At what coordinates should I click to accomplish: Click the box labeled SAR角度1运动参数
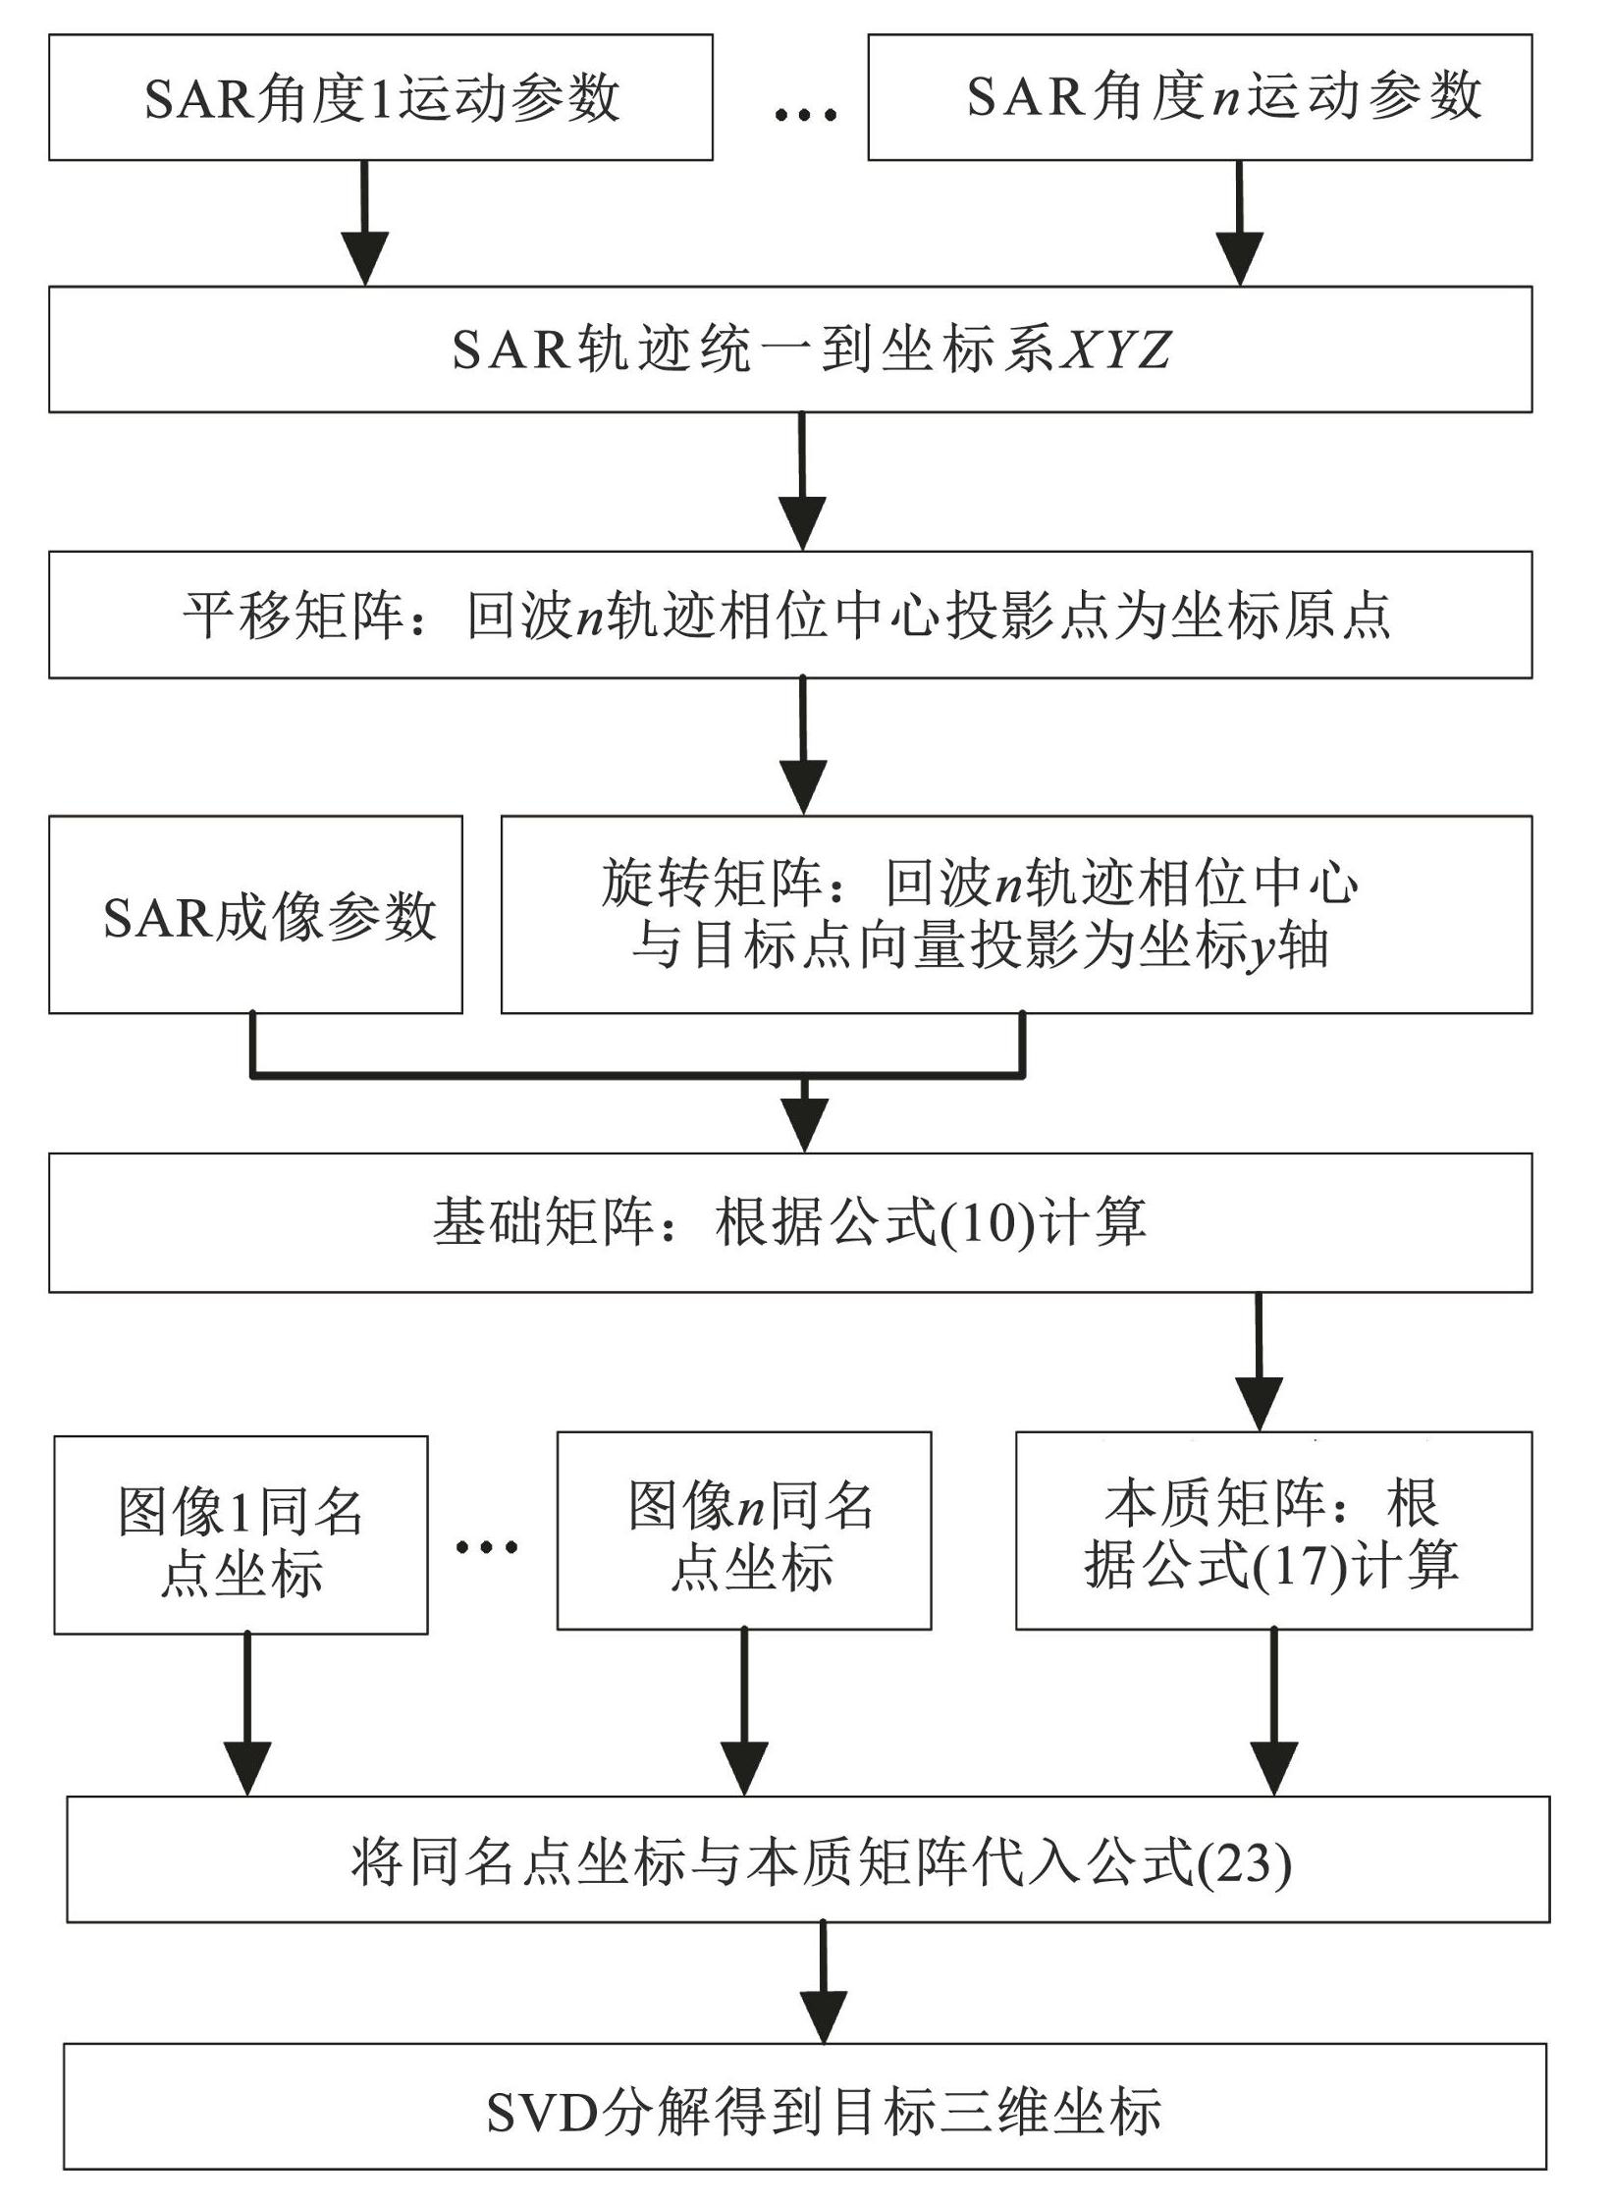381,97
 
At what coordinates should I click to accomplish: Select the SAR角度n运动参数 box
1200,97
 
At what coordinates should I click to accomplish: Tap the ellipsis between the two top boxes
805,115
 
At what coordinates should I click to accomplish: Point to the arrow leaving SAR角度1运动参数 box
365,223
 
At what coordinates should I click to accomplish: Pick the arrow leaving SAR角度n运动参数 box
1240,223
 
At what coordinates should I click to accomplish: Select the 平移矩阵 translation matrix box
790,615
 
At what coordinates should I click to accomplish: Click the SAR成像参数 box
255,914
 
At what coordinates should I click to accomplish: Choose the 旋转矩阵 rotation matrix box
1016,914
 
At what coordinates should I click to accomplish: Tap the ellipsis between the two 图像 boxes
487,1548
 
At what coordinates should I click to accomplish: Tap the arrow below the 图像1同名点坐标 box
247,1715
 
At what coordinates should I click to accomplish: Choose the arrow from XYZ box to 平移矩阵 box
803,481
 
